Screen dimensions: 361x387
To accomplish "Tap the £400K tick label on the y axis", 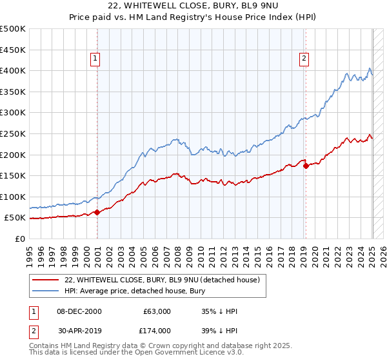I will click(13, 70).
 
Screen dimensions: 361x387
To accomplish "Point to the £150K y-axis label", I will click(13, 175).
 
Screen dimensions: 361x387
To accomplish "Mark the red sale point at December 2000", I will click(97, 212).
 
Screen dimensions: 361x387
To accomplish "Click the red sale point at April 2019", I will click(306, 166).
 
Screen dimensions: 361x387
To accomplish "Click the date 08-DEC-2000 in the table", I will click(79, 311).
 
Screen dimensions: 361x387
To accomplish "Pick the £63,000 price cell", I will click(156, 311).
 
